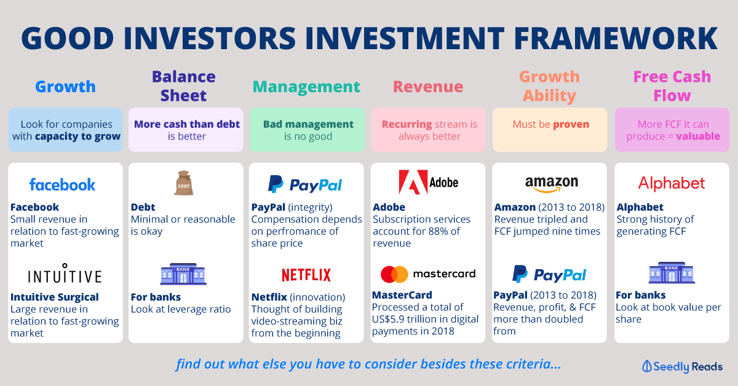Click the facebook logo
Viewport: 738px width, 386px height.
pos(62,185)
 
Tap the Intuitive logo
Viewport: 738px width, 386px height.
pos(65,274)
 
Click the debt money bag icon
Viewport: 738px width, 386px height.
pos(183,183)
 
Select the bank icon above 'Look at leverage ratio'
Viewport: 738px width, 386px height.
pos(183,274)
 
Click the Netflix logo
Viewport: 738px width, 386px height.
pos(306,275)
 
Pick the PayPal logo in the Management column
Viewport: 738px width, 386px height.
pos(305,184)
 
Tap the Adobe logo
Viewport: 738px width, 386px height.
pos(428,182)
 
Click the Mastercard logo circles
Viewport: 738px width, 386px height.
pos(394,274)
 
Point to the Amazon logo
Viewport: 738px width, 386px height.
pos(552,184)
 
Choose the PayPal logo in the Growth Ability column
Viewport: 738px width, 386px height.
pos(549,274)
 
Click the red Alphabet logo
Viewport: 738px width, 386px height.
pos(672,183)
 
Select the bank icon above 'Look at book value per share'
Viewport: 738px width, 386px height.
pos(672,273)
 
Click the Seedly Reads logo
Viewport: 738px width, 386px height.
pos(682,366)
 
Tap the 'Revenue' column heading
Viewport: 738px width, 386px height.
pos(428,87)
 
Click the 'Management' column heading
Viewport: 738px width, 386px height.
pos(306,87)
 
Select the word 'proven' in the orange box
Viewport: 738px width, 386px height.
pos(571,125)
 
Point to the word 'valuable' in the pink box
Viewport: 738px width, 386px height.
pos(698,136)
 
